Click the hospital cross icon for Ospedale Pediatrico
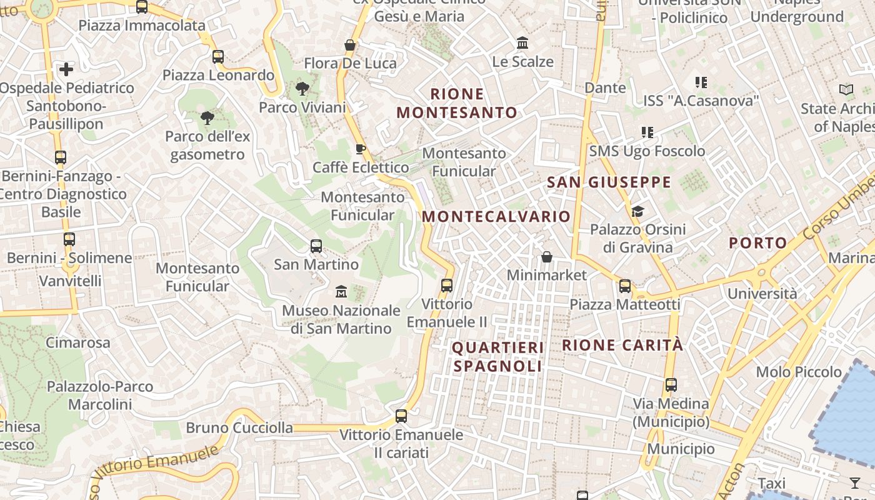click(66, 69)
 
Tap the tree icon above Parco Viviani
click(302, 89)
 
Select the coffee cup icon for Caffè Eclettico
click(360, 149)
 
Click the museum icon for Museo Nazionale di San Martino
click(341, 291)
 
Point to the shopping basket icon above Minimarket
click(547, 257)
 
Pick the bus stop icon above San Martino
click(316, 246)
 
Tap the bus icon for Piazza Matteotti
click(625, 286)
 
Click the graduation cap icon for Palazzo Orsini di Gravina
click(637, 211)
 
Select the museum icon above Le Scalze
click(522, 43)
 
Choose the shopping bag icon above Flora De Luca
click(350, 45)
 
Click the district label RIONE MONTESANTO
click(457, 104)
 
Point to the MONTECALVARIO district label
click(496, 217)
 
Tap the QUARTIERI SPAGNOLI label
click(498, 357)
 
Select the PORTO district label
click(758, 243)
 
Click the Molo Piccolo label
click(799, 372)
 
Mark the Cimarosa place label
click(77, 342)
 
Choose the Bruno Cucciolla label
click(239, 428)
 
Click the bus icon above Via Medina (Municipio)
click(671, 385)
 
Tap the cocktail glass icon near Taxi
click(855, 482)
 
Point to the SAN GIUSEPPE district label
click(609, 182)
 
